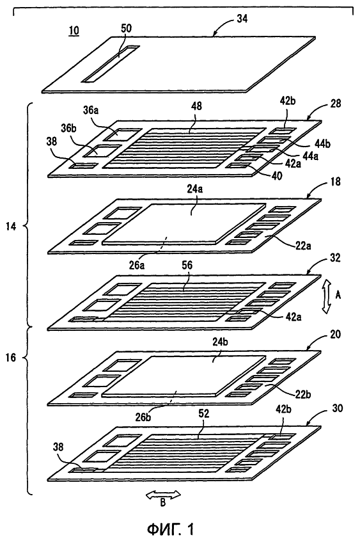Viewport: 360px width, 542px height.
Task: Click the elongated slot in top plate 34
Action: tap(110, 64)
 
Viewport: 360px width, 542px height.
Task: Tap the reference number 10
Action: tap(74, 31)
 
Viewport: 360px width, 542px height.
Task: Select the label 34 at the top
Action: tap(242, 19)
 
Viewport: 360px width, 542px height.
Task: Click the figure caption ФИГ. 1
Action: tap(170, 529)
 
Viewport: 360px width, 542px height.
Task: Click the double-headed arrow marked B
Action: tap(163, 495)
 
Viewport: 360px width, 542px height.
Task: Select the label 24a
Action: tap(195, 189)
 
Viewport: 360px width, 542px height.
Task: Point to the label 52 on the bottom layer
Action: tap(203, 413)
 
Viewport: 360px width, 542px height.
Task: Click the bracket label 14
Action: tap(11, 227)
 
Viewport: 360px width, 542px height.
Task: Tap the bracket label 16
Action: tap(11, 358)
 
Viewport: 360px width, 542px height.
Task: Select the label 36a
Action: tap(91, 110)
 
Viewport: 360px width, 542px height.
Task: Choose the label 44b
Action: tap(322, 143)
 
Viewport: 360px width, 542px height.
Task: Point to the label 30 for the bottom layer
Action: tap(337, 408)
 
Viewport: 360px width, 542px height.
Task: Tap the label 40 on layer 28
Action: tap(276, 175)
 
